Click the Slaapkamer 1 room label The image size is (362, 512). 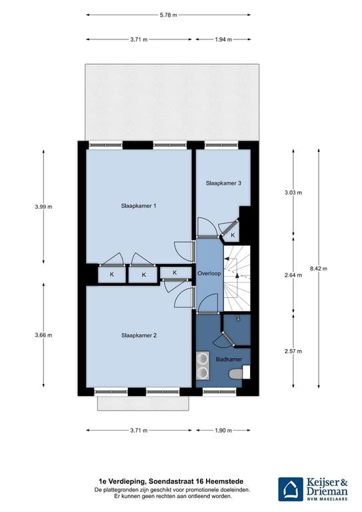coord(139,206)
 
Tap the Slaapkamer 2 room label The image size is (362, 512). coord(139,335)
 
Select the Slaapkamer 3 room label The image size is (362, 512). coord(223,183)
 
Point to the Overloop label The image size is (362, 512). coord(209,274)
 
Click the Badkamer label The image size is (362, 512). coord(229,360)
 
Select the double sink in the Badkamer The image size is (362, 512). coord(202,365)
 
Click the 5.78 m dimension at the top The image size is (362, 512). coord(169,15)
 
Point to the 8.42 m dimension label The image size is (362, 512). coord(319,269)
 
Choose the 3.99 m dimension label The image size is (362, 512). coord(43,207)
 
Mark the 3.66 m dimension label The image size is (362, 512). coord(43,335)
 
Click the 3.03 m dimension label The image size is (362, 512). coord(293,193)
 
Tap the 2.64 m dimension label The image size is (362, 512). coord(293,274)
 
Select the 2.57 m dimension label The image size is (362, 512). coord(293,351)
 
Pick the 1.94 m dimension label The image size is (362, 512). coord(223,39)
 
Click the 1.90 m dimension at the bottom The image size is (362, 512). coord(223,430)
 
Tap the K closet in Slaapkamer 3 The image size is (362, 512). coord(232,235)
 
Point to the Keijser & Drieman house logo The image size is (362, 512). coord(291,489)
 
